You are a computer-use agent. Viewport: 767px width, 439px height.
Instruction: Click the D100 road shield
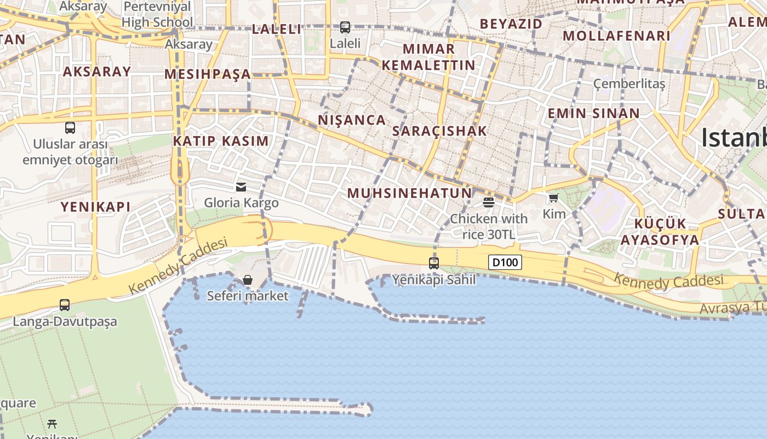505,262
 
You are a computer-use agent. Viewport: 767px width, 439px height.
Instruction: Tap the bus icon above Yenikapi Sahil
434,263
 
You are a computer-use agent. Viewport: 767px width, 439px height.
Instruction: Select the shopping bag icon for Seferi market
248,280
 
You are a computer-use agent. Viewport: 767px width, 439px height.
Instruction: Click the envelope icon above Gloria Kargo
241,187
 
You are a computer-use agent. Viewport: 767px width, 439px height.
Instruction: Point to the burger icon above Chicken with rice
489,202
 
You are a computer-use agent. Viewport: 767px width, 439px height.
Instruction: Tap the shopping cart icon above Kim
554,198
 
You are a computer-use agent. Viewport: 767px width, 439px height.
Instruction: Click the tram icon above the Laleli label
345,27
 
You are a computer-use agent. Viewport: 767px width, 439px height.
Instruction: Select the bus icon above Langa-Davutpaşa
65,305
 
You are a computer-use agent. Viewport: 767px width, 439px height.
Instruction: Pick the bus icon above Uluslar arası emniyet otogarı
70,128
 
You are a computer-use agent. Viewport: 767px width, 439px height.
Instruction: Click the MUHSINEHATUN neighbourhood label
410,193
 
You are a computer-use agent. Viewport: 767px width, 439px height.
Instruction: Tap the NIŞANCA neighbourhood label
352,120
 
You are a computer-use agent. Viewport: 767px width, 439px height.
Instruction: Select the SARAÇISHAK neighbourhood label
439,131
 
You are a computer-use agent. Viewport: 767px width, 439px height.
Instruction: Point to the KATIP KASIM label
221,141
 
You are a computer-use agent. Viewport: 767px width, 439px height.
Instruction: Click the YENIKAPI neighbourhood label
95,207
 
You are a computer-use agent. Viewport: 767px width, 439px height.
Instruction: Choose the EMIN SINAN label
594,114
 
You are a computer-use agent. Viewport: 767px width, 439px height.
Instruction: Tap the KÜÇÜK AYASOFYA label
660,232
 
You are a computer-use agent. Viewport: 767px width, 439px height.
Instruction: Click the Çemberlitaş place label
629,84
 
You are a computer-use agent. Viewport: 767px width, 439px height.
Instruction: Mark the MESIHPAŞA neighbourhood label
208,74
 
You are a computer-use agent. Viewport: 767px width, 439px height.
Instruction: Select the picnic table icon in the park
52,424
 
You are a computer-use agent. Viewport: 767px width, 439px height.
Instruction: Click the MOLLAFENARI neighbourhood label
616,36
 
